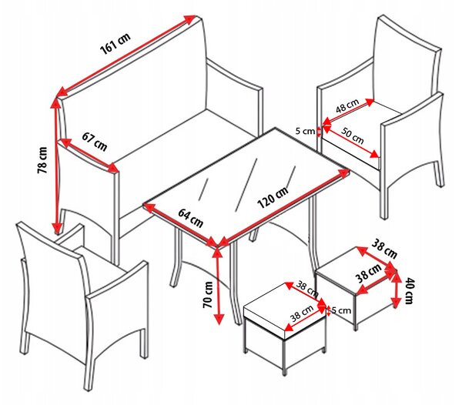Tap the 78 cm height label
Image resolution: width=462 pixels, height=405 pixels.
(x=42, y=160)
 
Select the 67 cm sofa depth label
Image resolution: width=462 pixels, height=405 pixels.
(x=94, y=142)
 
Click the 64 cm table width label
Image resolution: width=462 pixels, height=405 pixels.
(x=191, y=218)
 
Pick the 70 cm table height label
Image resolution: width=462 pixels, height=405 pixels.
(x=208, y=295)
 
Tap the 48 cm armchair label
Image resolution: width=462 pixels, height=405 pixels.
(x=348, y=105)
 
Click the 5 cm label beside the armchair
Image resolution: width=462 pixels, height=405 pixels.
(x=305, y=131)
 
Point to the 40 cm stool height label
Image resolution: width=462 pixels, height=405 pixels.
(x=409, y=290)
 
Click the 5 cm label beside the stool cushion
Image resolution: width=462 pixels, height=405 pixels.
(x=341, y=310)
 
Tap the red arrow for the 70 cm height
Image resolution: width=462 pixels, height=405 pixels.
(x=219, y=286)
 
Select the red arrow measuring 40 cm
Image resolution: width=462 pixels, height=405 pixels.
(x=396, y=289)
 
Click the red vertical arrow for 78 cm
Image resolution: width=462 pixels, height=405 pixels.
(x=56, y=166)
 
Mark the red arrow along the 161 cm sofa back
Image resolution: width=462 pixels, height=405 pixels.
(x=127, y=56)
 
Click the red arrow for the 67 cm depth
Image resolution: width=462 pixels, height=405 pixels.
(x=89, y=156)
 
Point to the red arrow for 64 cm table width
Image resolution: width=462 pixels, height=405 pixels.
(x=181, y=224)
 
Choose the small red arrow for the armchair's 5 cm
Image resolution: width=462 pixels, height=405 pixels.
(x=319, y=132)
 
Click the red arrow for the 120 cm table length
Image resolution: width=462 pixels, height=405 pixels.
(x=284, y=207)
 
